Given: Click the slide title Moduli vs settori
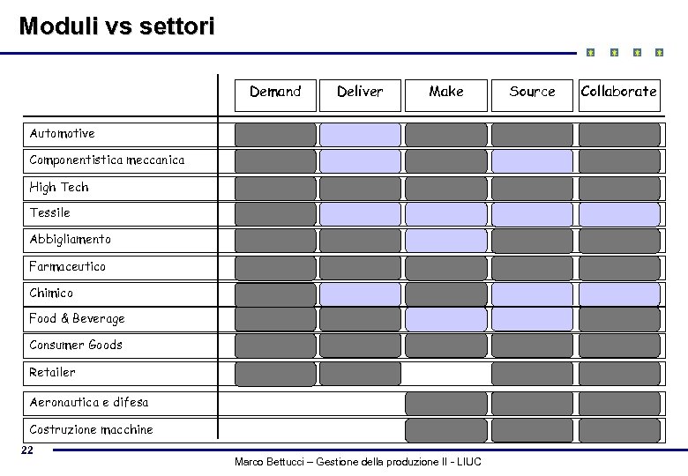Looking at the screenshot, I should tap(116, 26).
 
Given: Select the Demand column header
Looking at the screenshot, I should tap(275, 92).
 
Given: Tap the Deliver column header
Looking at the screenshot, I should tap(360, 92).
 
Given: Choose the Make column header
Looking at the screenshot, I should tap(445, 92).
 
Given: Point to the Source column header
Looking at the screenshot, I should tap(532, 92).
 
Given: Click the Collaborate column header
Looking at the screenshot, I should tap(618, 91).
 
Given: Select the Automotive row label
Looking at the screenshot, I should tap(62, 134).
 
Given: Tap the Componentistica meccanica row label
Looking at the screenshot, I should tap(107, 160).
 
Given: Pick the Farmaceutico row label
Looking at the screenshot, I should tap(67, 266).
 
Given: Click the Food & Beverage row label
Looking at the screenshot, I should tap(77, 319).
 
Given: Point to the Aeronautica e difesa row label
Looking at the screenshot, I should tap(88, 403).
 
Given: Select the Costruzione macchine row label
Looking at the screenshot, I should tap(91, 430).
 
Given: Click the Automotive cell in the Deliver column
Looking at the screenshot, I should tap(360, 134).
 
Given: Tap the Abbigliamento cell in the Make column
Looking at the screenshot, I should tap(445, 240).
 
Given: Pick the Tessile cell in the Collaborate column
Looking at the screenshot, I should tap(618, 214).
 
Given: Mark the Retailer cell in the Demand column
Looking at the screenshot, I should tap(275, 374).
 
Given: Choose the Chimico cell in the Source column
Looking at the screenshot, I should tap(532, 294).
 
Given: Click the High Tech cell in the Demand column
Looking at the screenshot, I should tap(275, 188).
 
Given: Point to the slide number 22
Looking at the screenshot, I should tap(27, 450).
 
